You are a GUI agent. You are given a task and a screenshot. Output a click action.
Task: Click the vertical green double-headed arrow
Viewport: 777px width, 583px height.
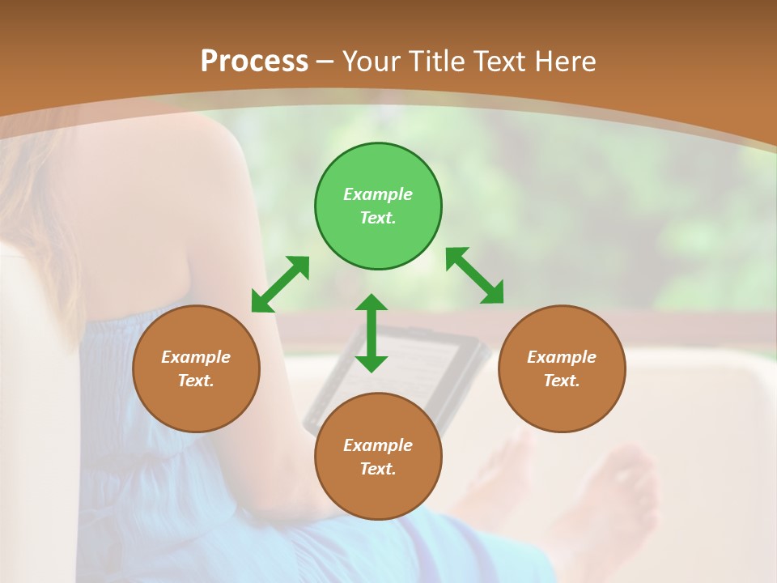tap(372, 333)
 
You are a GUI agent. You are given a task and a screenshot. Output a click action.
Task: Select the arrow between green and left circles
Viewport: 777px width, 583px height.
tap(280, 284)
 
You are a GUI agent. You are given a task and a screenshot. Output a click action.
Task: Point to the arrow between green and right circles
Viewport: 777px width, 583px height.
tap(474, 275)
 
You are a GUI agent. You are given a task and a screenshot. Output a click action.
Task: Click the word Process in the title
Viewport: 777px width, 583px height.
tap(254, 61)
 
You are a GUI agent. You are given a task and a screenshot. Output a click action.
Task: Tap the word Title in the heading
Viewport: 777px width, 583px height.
tap(437, 61)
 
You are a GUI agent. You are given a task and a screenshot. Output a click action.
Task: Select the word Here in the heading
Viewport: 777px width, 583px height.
tap(566, 61)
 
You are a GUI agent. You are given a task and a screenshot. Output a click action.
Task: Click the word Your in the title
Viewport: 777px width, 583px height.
tap(373, 61)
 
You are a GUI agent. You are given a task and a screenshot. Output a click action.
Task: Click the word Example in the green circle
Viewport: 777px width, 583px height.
tap(378, 194)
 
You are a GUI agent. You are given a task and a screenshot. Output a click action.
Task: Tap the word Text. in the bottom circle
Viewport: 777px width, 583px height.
tap(378, 469)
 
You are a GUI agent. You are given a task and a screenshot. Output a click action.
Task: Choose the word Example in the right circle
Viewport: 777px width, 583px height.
tap(562, 357)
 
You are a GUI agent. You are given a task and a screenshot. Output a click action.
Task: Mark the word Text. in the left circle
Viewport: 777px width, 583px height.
tap(196, 381)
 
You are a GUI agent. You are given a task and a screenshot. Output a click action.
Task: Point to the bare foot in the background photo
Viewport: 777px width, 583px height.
tap(623, 494)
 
